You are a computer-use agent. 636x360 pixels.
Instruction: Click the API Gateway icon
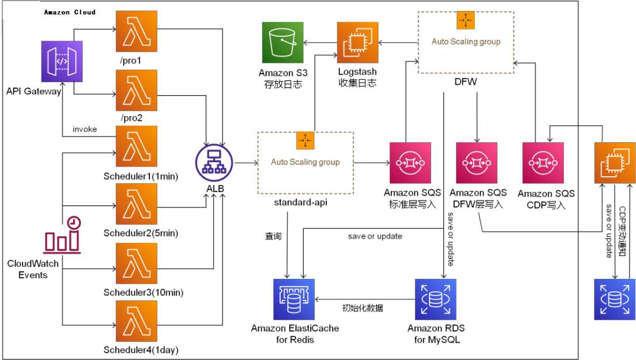[62, 61]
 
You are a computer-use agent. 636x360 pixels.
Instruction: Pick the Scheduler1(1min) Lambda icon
[136, 147]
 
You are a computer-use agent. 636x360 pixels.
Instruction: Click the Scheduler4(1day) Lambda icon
[136, 321]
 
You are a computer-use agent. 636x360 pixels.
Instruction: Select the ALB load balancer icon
[215, 163]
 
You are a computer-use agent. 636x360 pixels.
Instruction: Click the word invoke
[85, 129]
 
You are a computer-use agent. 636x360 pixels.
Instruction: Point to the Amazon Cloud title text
[70, 12]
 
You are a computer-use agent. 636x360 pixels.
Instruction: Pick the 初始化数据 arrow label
[362, 308]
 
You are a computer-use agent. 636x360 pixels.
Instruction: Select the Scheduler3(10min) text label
[144, 292]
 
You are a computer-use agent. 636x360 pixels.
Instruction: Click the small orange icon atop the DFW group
[466, 20]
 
